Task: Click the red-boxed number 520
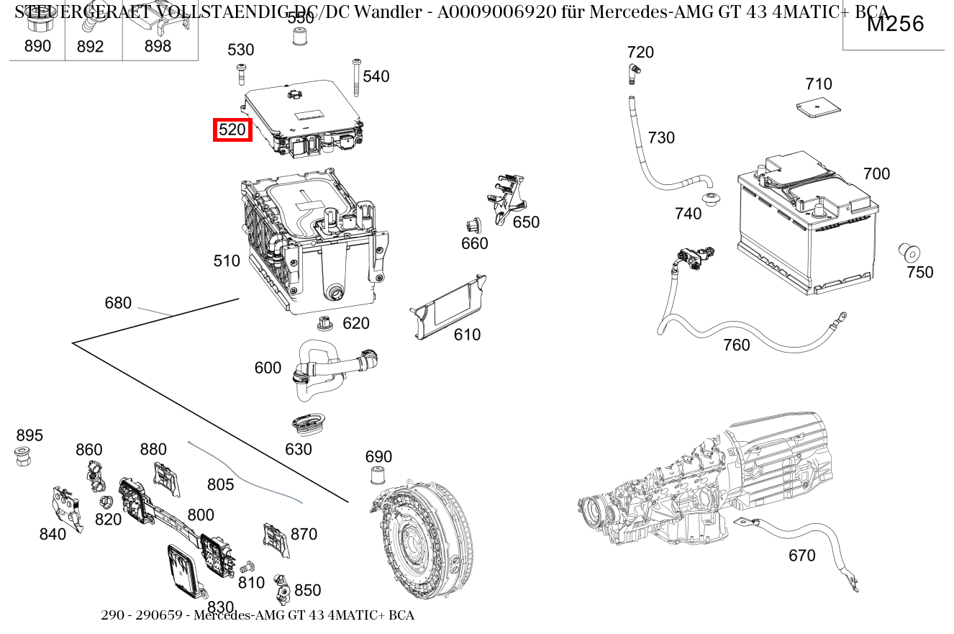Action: pos(232,130)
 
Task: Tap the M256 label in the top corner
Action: pos(894,24)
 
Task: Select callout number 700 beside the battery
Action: pos(876,173)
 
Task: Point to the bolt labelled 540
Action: pos(356,77)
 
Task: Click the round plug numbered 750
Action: pos(910,254)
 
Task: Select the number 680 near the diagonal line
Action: pos(118,303)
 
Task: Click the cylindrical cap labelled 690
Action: pos(376,476)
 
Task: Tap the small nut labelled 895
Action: pos(23,456)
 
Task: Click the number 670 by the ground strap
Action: pos(801,555)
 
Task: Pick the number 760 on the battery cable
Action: pos(736,345)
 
